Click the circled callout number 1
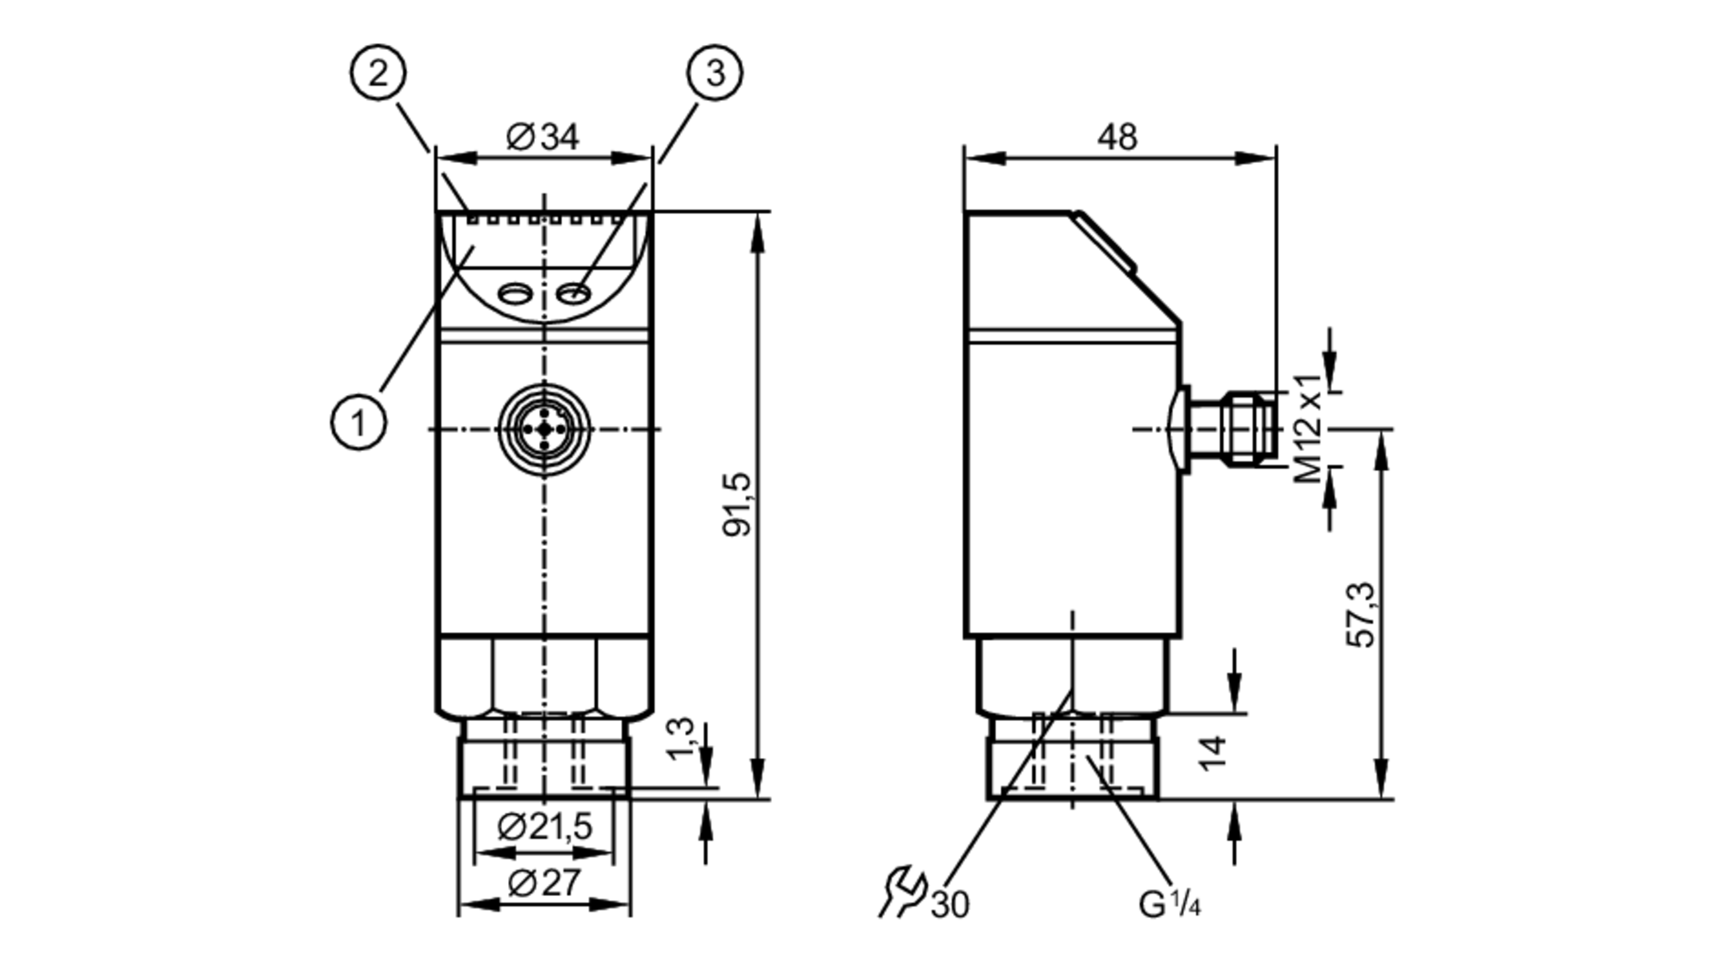click(x=359, y=422)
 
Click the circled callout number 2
click(x=378, y=73)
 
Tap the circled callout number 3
click(x=714, y=73)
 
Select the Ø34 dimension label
click(x=543, y=137)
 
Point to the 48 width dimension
click(x=1117, y=137)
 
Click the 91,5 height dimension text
click(x=737, y=505)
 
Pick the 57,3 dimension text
click(x=1362, y=615)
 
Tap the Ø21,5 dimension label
click(x=545, y=827)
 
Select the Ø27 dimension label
click(x=544, y=883)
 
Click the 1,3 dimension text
click(x=681, y=738)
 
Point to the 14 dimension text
click(x=1213, y=752)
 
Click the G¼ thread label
click(x=1169, y=904)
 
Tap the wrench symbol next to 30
click(x=902, y=892)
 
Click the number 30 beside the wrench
click(x=950, y=905)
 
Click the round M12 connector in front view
click(x=544, y=429)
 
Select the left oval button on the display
click(x=515, y=295)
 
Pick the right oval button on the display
click(x=574, y=295)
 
